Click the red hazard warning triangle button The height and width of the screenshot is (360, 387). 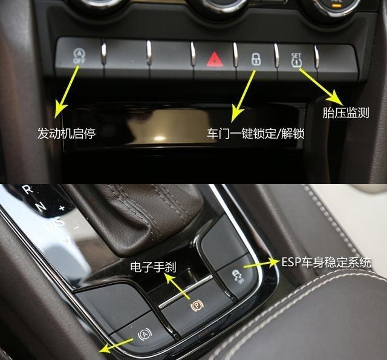215,59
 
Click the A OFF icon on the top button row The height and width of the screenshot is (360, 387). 78,55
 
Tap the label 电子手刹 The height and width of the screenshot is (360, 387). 154,266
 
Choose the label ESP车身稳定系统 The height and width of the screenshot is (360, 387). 327,263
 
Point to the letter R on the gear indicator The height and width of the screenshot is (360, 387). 26,189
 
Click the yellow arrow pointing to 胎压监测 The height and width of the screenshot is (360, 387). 318,85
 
